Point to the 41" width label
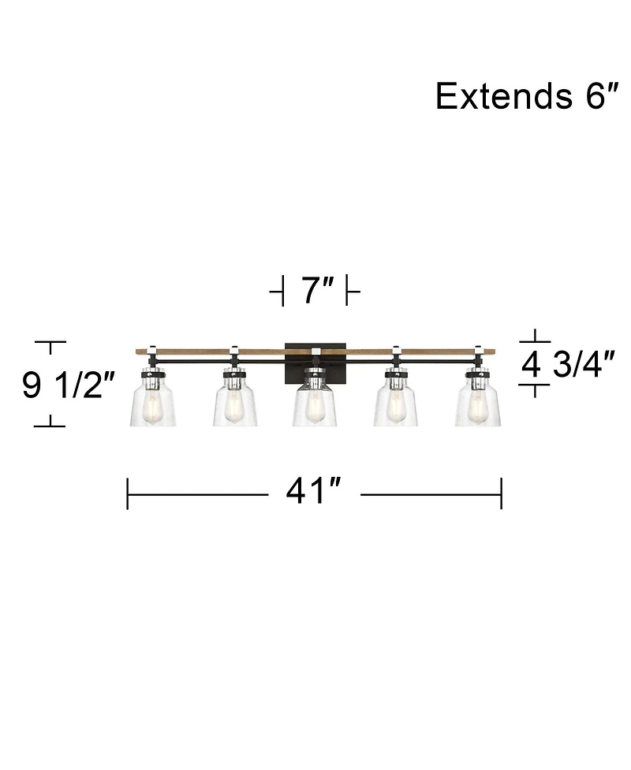pyautogui.click(x=313, y=491)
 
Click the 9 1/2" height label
pyautogui.click(x=69, y=385)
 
